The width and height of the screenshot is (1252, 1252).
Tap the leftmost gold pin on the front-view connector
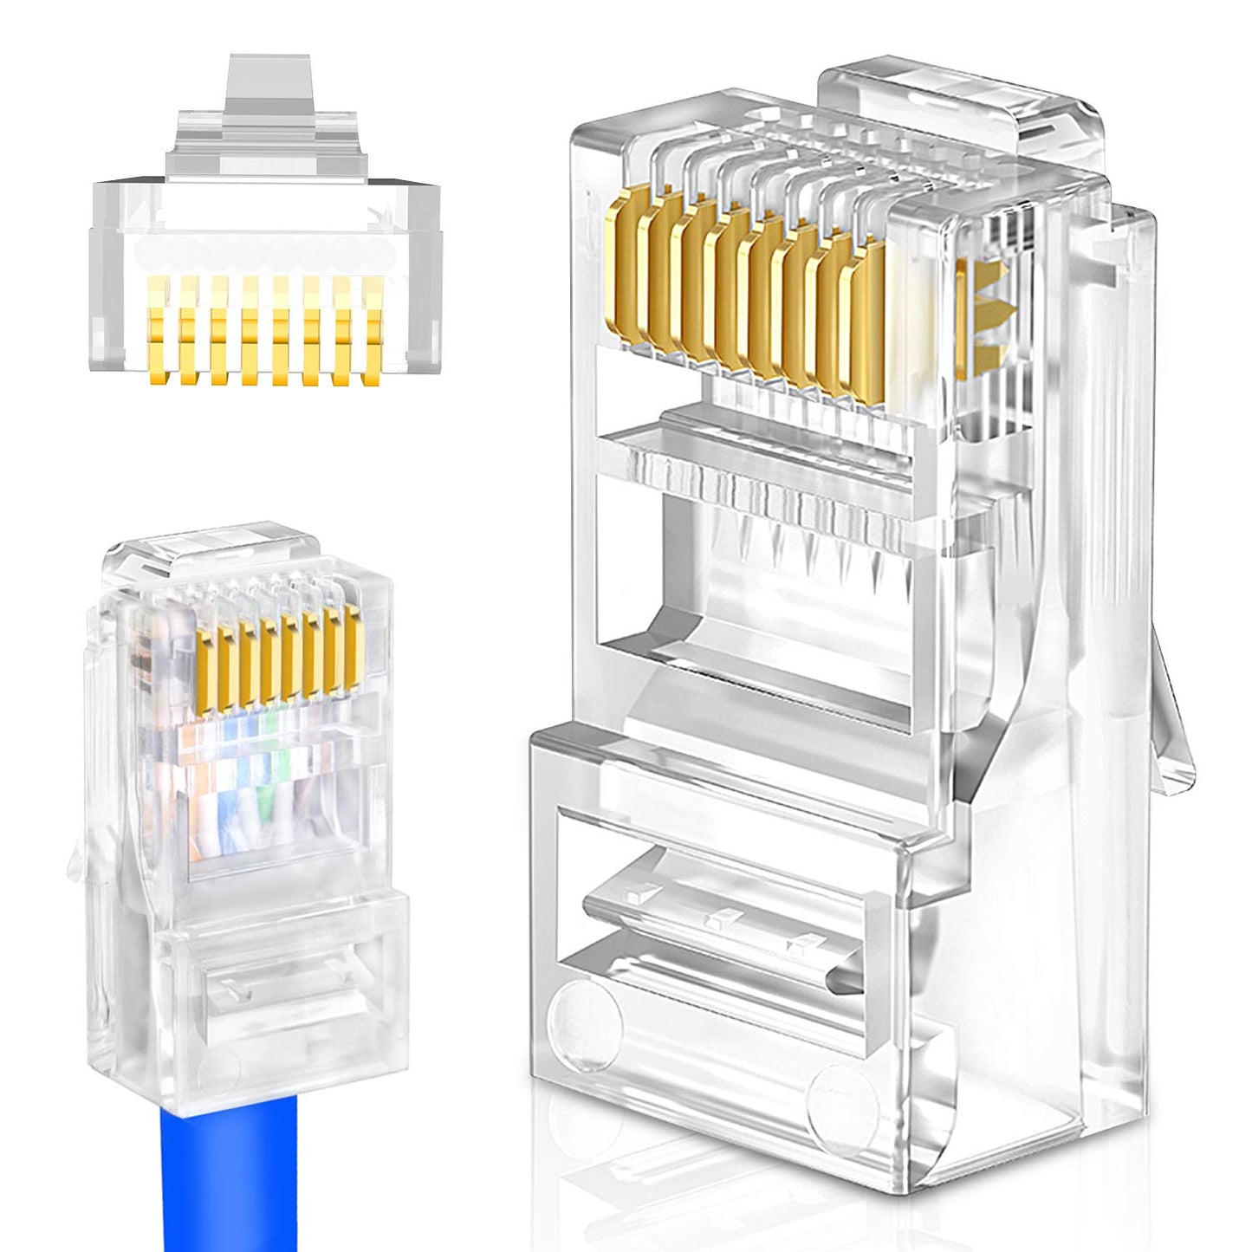156,329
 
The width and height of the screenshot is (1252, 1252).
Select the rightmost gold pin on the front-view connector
373,329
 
